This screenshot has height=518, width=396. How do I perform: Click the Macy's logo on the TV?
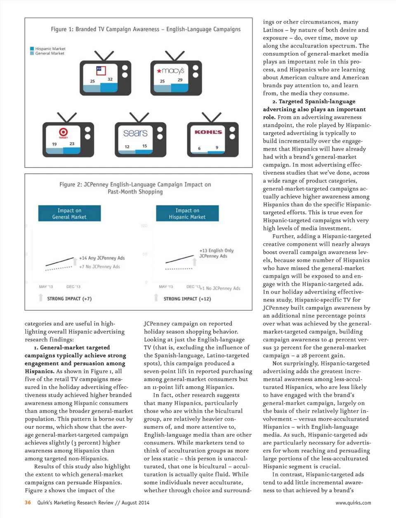pyautogui.click(x=170, y=71)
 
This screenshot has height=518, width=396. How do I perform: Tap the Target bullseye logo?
pyautogui.click(x=63, y=132)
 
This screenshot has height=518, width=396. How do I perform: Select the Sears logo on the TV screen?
pyautogui.click(x=135, y=133)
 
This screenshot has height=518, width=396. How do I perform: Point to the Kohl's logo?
pyautogui.click(x=208, y=132)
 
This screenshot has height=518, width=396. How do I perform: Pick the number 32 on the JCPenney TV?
pyautogui.click(x=110, y=79)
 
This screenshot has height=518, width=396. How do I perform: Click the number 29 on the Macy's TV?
pyautogui.click(x=180, y=80)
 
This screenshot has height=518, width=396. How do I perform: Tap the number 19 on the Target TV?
pyautogui.click(x=54, y=144)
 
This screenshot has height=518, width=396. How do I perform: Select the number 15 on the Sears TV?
pyautogui.click(x=145, y=146)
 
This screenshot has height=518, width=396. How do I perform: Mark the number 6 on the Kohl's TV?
pyautogui.click(x=199, y=148)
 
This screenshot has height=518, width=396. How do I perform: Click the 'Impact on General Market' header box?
pyautogui.click(x=69, y=213)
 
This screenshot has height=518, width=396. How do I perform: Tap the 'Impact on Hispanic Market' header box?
pyautogui.click(x=187, y=213)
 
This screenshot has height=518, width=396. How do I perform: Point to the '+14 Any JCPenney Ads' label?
pyautogui.click(x=102, y=258)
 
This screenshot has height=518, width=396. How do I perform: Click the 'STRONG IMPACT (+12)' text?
pyautogui.click(x=187, y=299)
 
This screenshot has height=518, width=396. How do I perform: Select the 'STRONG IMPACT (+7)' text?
pyautogui.click(x=69, y=299)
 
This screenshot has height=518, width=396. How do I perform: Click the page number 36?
pyautogui.click(x=28, y=502)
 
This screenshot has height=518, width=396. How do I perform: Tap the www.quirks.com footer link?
pyautogui.click(x=353, y=503)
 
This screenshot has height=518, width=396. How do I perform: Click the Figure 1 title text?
pyautogui.click(x=146, y=29)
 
